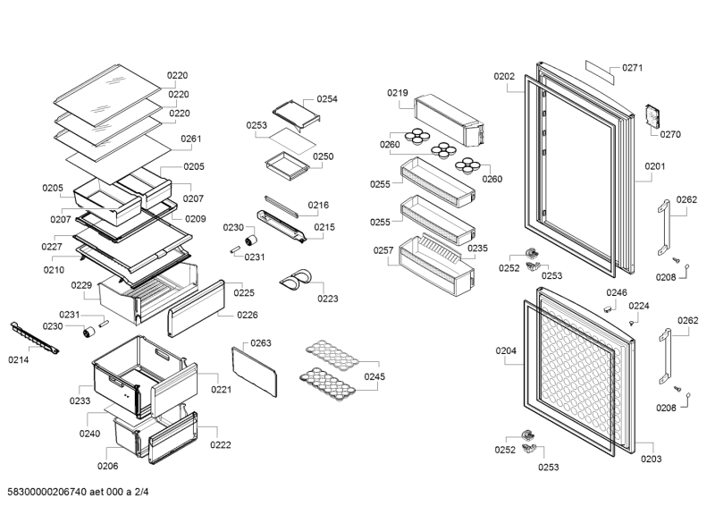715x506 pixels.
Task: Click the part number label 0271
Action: [x=633, y=68]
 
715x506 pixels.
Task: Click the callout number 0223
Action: [x=328, y=299]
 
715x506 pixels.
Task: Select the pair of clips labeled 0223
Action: [x=294, y=281]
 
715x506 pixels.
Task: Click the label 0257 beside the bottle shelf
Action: [x=382, y=251]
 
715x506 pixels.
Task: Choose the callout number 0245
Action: [x=374, y=376]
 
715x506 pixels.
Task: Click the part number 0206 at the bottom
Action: [x=107, y=466]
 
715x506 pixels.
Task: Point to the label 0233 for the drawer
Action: [x=80, y=401]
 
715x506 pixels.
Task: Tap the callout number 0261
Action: [x=190, y=139]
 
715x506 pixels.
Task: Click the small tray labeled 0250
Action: [x=282, y=165]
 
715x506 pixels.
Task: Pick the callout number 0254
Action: [x=327, y=99]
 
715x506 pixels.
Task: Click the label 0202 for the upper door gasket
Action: [x=504, y=77]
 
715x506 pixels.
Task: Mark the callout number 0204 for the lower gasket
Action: [x=506, y=351]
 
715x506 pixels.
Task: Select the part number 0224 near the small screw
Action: [x=639, y=306]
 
